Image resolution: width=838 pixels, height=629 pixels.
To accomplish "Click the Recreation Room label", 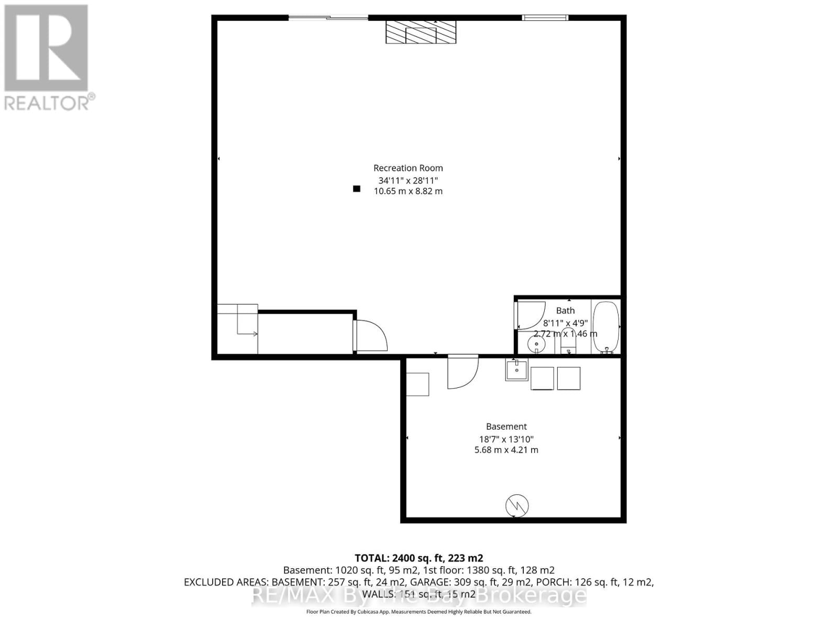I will click(x=408, y=168).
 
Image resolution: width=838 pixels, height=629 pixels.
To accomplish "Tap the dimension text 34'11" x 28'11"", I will click(x=408, y=180).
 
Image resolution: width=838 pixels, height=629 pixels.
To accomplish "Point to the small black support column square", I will click(x=357, y=189).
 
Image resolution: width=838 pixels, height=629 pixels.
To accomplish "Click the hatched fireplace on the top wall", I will click(x=421, y=32).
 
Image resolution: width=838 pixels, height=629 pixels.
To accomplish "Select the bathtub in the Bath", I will click(x=606, y=327).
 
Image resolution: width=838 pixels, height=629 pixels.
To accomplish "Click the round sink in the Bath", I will click(x=536, y=344).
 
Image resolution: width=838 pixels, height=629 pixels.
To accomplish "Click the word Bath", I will click(x=565, y=311).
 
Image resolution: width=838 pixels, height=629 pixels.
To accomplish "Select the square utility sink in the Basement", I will click(x=517, y=369).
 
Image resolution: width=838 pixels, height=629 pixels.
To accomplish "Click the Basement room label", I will click(x=506, y=427).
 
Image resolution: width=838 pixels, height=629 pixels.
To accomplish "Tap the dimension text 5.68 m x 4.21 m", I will click(x=506, y=450).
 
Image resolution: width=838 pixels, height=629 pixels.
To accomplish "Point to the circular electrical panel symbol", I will click(x=517, y=506).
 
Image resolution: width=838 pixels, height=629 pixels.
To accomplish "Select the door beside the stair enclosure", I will click(x=370, y=336).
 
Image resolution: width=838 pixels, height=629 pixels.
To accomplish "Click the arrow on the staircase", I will click(x=255, y=334).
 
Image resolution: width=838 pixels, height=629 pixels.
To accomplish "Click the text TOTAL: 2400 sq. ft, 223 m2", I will click(x=418, y=558).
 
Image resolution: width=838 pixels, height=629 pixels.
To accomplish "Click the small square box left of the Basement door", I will click(x=417, y=384).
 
